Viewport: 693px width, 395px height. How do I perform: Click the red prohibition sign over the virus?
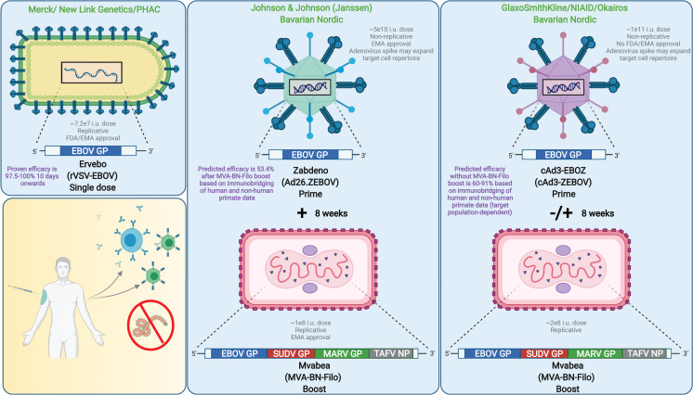point(150,325)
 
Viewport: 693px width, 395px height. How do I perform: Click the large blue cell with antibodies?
point(130,240)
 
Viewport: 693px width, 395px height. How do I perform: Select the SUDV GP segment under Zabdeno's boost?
point(291,353)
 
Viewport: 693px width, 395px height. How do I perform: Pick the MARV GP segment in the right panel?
point(595,353)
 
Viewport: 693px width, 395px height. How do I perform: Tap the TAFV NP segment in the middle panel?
point(392,353)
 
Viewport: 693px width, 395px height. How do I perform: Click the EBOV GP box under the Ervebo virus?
point(90,151)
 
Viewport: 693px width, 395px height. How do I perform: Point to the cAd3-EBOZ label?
point(564,170)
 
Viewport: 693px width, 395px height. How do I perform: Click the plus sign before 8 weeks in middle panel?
point(302,213)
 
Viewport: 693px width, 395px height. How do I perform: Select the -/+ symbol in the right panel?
point(561,213)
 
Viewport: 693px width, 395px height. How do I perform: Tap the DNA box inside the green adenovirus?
point(310,87)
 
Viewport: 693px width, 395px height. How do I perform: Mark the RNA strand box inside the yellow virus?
point(91,73)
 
